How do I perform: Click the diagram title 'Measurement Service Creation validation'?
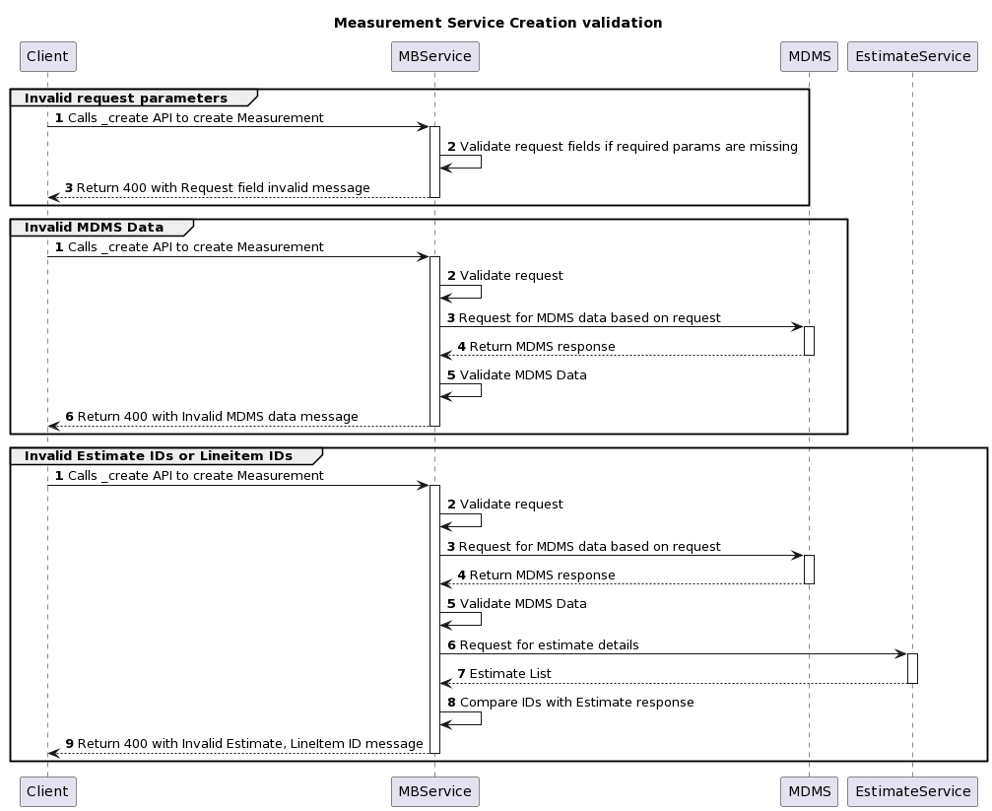[497, 23]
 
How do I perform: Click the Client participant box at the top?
[47, 56]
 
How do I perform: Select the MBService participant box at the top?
[434, 56]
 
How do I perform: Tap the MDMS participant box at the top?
[809, 56]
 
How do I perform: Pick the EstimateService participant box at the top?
[912, 56]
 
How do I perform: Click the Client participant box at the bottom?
[47, 791]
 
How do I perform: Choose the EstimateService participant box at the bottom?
[912, 791]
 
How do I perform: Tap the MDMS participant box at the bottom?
[809, 791]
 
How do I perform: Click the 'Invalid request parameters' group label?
[126, 99]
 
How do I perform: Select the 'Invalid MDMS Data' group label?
[95, 228]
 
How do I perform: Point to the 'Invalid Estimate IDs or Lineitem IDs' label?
[159, 456]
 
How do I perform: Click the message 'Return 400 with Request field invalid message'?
[223, 188]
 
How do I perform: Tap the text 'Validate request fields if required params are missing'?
[628, 147]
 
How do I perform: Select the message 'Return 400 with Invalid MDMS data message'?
[218, 417]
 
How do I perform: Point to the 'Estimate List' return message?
[510, 674]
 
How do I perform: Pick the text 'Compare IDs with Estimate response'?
[576, 703]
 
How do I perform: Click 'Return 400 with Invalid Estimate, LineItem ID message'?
[250, 744]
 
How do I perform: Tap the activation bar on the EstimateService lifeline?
[912, 668]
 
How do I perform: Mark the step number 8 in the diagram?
[452, 703]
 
